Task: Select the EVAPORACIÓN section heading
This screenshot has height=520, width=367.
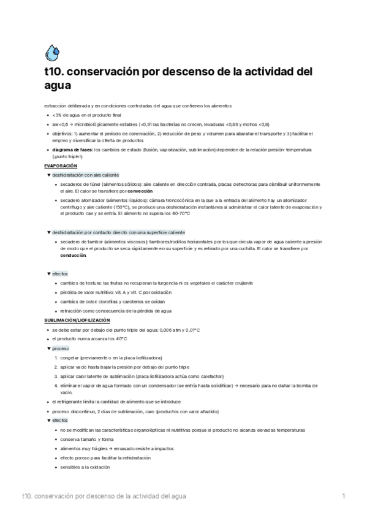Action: pos(61,166)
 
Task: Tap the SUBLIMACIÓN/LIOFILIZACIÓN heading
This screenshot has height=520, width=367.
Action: pos(77,320)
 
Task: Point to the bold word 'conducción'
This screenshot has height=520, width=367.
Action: pos(74,255)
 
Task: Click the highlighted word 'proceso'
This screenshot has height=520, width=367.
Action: pos(61,348)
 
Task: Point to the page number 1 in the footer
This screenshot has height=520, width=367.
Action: pos(344,495)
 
